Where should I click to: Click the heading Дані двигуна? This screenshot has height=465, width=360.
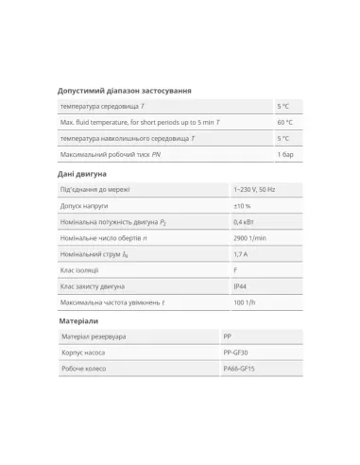coord(83,174)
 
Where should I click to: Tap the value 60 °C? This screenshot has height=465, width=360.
coord(284,122)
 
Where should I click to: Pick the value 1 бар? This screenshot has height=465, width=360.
coord(283,152)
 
